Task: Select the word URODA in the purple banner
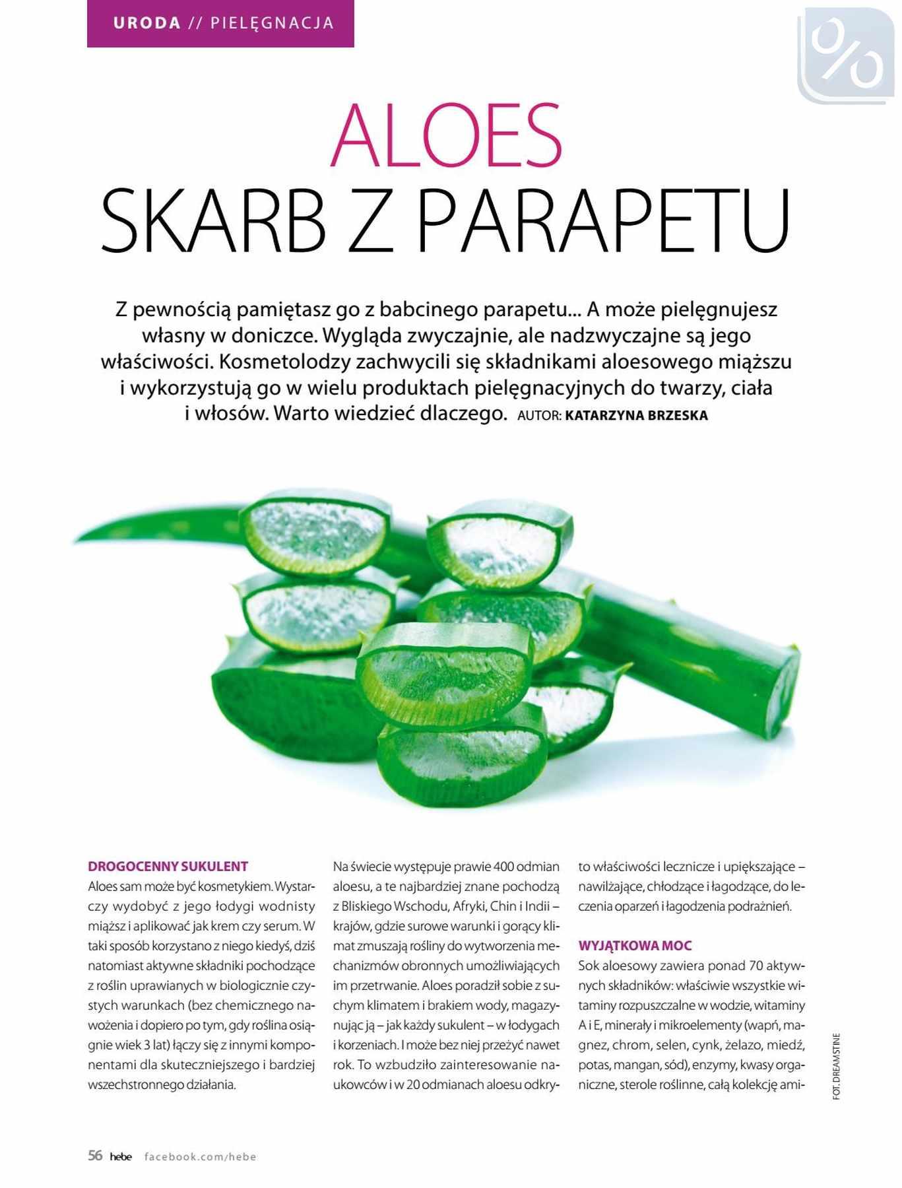147,24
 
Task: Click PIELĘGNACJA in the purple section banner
272,24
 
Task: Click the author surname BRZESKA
673,416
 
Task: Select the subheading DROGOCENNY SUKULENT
168,867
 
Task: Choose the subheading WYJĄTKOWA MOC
635,946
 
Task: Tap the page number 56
95,1155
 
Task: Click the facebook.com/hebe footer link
200,1156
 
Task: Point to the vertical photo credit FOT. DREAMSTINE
837,1066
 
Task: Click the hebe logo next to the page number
121,1156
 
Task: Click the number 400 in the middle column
503,867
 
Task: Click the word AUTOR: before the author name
539,416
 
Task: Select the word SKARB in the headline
213,221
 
